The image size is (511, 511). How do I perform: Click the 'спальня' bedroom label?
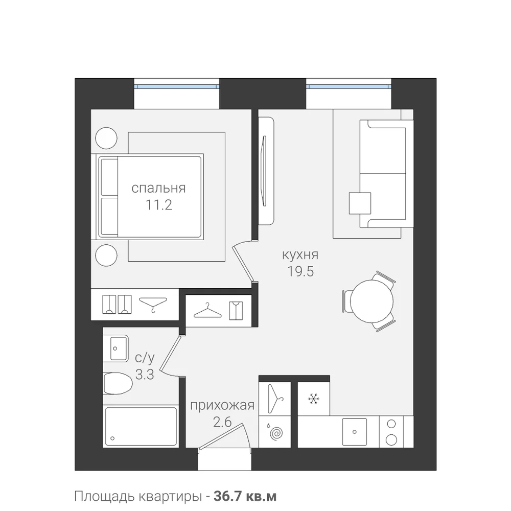point(158,189)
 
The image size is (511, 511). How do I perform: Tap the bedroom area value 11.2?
point(158,205)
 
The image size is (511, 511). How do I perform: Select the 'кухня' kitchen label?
point(300,254)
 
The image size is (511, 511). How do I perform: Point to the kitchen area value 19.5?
point(300,271)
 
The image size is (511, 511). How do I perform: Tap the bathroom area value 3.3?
point(145,375)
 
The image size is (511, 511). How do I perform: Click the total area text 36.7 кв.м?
point(245,496)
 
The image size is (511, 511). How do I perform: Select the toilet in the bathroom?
point(118,384)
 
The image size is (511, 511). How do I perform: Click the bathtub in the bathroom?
point(141,427)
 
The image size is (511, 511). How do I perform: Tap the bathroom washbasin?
point(115,348)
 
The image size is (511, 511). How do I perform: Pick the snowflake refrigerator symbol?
point(314,399)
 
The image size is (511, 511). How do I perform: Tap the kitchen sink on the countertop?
point(354,432)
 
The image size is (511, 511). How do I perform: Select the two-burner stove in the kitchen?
point(391,432)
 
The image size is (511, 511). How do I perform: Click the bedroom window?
point(176,87)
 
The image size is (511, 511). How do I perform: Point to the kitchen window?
point(349,87)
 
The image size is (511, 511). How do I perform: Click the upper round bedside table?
point(106,137)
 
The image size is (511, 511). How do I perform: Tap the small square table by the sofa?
point(360,203)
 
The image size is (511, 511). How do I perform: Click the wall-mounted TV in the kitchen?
point(264,171)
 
